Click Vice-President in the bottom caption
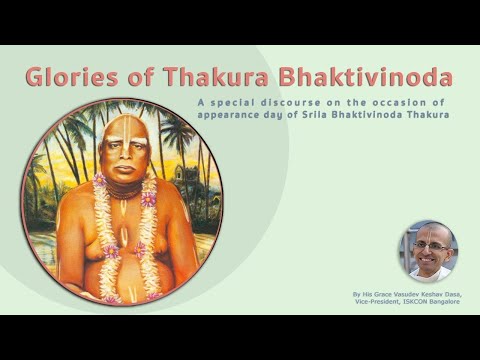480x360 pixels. pyautogui.click(x=385, y=302)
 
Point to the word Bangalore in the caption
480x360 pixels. pyautogui.click(x=456, y=302)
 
